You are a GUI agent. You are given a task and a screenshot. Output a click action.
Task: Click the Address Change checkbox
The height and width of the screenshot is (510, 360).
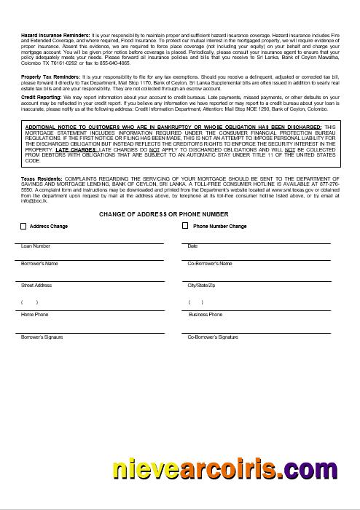[24, 227]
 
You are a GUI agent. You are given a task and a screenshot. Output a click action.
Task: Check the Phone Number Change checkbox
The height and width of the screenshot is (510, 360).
[185, 227]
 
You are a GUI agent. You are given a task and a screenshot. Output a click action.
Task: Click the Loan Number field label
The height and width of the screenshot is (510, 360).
[36, 246]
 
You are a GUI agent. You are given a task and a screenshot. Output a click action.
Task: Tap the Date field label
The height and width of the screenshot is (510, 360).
[192, 246]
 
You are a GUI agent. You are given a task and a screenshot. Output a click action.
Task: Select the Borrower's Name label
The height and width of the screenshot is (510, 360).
[39, 263]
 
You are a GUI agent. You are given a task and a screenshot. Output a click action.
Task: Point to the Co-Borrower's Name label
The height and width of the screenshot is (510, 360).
[210, 263]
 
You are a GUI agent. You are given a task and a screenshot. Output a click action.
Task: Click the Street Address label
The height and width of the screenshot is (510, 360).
[36, 286]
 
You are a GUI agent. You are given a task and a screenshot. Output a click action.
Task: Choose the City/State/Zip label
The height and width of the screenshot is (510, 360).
[202, 286]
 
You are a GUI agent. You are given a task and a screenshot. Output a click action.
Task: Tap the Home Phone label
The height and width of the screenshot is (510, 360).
[34, 315]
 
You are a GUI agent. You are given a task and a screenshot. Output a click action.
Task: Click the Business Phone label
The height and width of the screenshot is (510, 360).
[206, 315]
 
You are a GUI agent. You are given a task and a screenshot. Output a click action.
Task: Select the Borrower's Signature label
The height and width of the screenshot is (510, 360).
[42, 337]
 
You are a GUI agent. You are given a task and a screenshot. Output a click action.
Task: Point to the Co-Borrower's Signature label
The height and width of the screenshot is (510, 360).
[213, 337]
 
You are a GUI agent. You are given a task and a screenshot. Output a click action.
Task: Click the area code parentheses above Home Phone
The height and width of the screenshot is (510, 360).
[29, 302]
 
